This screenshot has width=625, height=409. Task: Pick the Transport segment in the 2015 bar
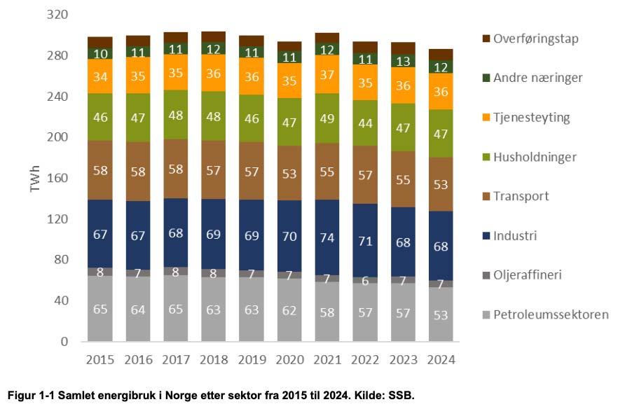[x=101, y=170]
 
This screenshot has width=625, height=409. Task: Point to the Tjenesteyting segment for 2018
[x=214, y=73]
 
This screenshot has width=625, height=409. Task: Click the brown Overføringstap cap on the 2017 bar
[x=175, y=37]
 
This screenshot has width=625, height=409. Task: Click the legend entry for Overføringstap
[x=537, y=39]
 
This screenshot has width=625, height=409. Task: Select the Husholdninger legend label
[x=544, y=157]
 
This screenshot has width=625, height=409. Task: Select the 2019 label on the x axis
[x=252, y=360]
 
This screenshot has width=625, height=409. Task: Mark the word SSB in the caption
[x=404, y=395]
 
